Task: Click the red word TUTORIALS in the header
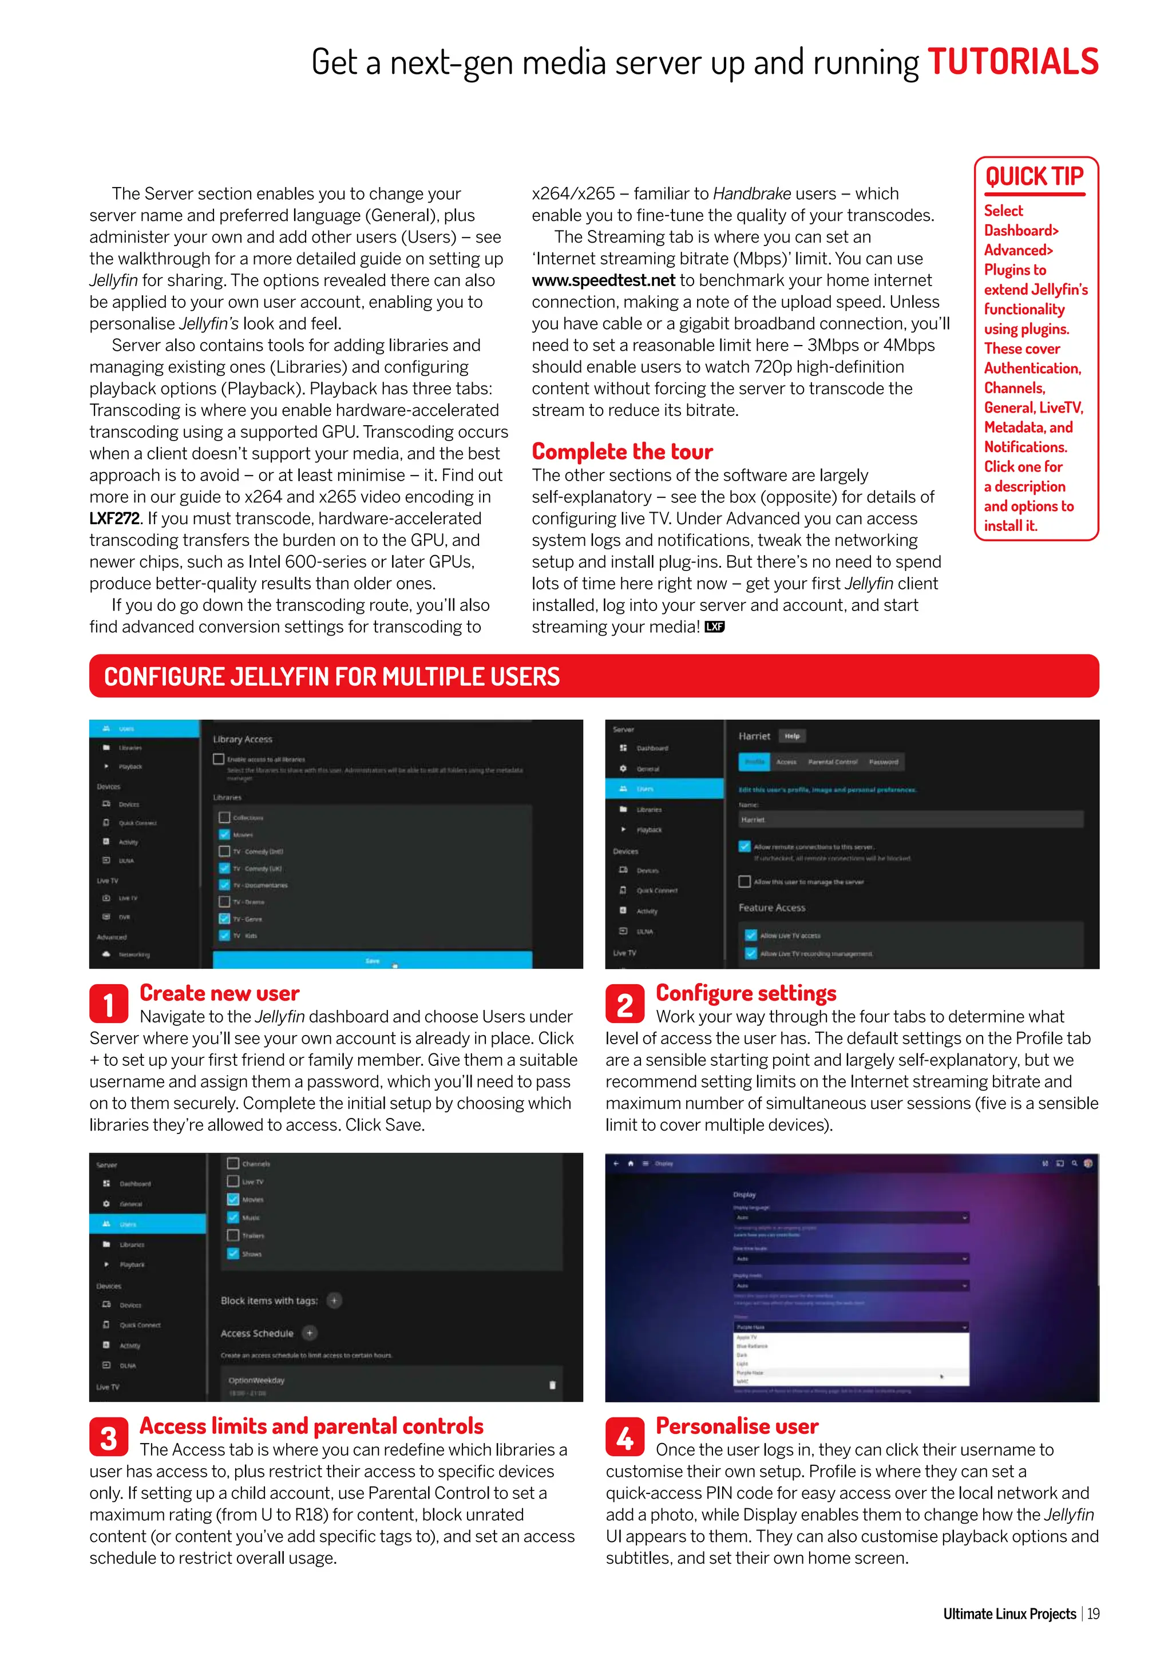click(x=1012, y=62)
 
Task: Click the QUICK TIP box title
click(x=1034, y=177)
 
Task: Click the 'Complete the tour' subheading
click(x=622, y=452)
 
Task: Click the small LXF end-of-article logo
click(x=714, y=627)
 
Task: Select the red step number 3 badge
click(x=109, y=1437)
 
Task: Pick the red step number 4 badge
click(x=625, y=1437)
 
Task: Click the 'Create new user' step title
click(x=219, y=993)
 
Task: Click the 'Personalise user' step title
click(x=737, y=1426)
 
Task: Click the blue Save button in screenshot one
click(x=373, y=961)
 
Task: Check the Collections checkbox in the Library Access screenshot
click(x=224, y=818)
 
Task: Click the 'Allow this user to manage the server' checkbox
click(x=745, y=881)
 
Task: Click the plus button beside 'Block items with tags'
click(x=334, y=1301)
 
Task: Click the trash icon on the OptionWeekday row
click(x=553, y=1385)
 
